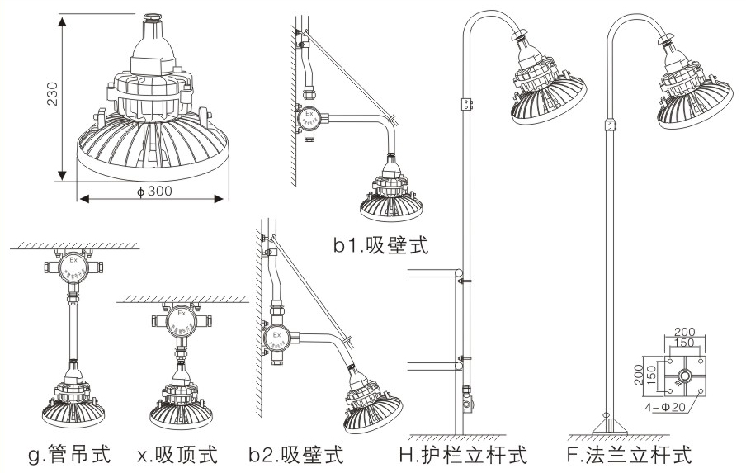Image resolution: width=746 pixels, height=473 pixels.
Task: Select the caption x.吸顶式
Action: (x=178, y=453)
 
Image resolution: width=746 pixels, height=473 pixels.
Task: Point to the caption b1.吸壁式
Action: (x=382, y=244)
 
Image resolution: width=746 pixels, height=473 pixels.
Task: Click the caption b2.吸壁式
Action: (x=295, y=453)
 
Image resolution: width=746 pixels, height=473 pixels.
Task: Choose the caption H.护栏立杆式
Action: (x=463, y=453)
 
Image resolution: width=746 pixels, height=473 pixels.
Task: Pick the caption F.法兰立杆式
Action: (x=628, y=453)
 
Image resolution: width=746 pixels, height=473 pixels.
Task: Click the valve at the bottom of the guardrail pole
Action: (x=467, y=404)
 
